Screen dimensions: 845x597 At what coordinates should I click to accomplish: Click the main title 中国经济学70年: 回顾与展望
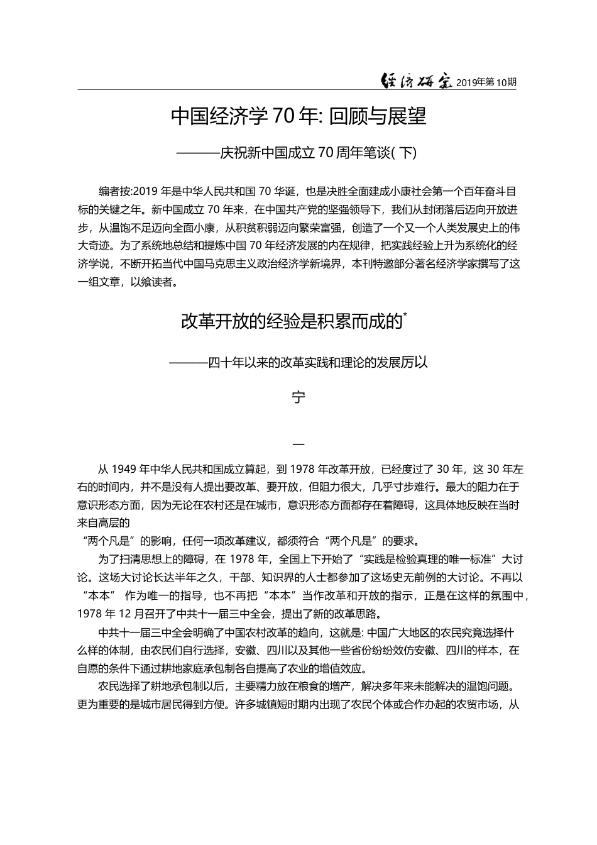(x=298, y=116)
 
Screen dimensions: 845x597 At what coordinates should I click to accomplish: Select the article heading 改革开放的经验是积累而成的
(x=291, y=322)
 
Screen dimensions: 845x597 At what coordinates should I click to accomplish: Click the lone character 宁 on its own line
(x=298, y=398)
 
